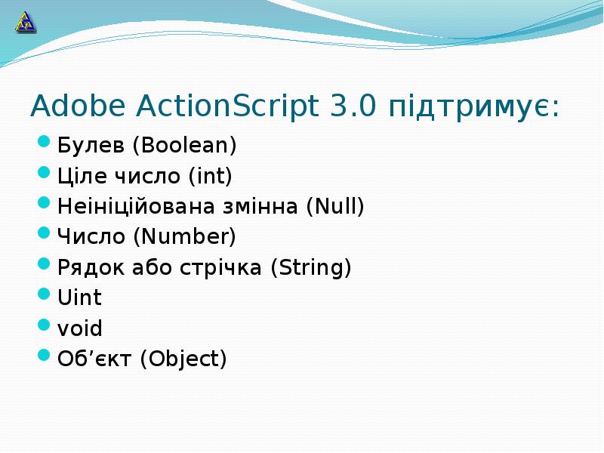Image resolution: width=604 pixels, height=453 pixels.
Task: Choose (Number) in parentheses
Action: [184, 236]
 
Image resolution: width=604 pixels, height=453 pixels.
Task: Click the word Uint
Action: [79, 297]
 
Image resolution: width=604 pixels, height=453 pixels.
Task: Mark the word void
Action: [80, 328]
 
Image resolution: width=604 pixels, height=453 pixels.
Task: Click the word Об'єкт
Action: [95, 359]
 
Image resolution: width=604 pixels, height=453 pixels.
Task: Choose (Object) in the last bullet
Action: [183, 359]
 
